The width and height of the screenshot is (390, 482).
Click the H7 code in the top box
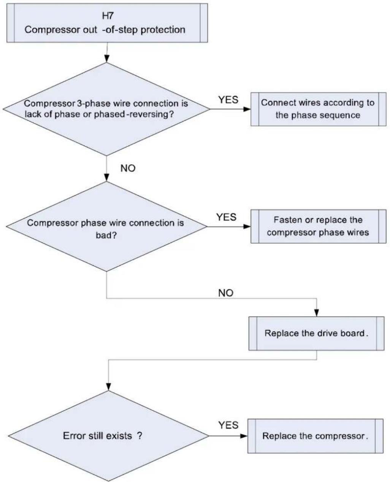[x=108, y=16]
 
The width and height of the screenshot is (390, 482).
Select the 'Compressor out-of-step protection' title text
[x=105, y=30]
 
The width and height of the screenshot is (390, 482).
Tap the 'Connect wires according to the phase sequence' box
[x=318, y=109]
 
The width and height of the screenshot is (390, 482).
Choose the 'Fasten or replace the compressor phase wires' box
[x=318, y=226]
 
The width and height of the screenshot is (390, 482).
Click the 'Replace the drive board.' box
[x=316, y=333]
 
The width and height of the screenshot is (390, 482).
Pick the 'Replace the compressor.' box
[x=315, y=436]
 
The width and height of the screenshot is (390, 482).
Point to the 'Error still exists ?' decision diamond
[x=108, y=436]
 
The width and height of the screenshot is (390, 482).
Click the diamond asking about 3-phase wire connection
[x=106, y=109]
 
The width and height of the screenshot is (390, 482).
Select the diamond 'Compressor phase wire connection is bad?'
[x=106, y=226]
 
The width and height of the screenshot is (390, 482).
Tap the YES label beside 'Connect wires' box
[x=228, y=100]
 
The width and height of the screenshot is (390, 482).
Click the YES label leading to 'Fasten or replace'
[x=226, y=217]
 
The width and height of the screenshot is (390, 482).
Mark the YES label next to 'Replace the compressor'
[x=228, y=425]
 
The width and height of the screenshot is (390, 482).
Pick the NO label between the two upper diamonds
[x=128, y=168]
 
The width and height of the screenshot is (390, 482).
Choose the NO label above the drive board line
[x=225, y=293]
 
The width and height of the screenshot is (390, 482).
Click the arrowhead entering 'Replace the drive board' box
[x=317, y=313]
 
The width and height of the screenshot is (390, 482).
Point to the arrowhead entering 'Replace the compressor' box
[x=244, y=436]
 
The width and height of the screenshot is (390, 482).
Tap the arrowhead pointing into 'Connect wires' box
[x=247, y=109]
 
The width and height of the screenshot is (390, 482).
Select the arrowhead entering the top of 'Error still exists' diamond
[x=109, y=387]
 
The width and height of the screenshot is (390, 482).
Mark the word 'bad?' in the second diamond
[x=106, y=235]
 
